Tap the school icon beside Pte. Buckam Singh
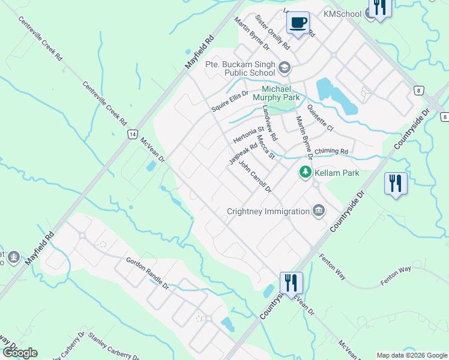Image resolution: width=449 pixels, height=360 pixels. pos(284,66)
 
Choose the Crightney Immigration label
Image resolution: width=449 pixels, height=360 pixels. pos(268,211)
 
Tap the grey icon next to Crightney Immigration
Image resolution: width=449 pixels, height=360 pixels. pos(319,210)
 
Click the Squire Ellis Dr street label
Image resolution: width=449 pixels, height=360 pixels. pos(229,101)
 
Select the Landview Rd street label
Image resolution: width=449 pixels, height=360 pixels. pos(270,124)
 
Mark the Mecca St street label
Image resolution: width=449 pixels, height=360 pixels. pos(265,148)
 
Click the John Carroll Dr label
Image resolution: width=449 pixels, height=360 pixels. pos(255,175)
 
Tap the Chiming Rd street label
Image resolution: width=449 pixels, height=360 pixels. pos(335,151)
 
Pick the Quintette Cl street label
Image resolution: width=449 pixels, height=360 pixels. pos(319,119)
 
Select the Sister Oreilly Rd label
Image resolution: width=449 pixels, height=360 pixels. pos(273,32)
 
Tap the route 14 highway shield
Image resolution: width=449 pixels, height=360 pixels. pos(132,135)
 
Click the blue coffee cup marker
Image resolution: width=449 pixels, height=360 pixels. pos(298,23)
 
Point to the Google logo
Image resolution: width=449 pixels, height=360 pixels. pos(20,353)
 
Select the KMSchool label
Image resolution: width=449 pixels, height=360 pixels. pos(342,14)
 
